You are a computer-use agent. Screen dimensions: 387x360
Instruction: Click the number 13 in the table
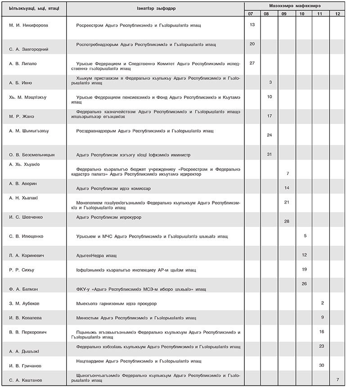(252, 24)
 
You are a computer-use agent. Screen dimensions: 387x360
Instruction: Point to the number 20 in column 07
(252, 44)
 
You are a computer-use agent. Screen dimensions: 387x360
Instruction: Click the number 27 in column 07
(252, 63)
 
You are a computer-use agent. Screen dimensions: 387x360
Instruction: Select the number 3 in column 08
(270, 82)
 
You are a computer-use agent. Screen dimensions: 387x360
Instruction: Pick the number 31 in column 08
(269, 154)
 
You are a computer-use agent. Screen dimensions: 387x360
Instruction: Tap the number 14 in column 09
(287, 187)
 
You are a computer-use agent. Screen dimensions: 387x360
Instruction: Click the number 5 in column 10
(305, 236)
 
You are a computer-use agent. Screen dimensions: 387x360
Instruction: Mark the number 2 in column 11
(323, 303)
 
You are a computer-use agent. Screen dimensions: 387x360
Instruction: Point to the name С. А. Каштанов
(27, 380)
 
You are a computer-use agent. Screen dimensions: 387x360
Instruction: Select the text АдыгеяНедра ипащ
(97, 255)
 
